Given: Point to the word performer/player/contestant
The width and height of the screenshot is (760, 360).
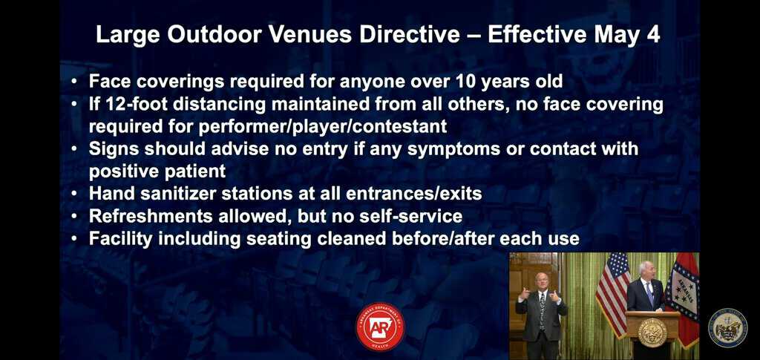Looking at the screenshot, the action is pyautogui.click(x=323, y=126).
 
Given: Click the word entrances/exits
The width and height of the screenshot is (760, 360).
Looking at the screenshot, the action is pyautogui.click(x=414, y=194).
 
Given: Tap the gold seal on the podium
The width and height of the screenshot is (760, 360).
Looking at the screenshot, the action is pyautogui.click(x=652, y=333).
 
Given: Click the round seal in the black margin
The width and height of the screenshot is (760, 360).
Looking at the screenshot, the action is pyautogui.click(x=728, y=328).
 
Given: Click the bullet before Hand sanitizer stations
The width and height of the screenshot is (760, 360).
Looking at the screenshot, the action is pyautogui.click(x=73, y=194).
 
